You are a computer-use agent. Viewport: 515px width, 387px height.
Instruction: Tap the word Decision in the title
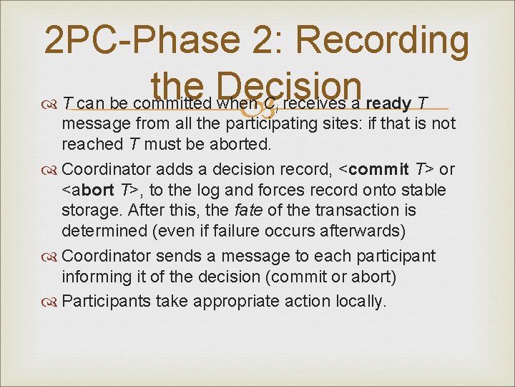click(285, 88)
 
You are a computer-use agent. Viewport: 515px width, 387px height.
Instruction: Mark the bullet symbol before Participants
click(52, 301)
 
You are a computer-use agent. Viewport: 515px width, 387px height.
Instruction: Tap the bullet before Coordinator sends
click(52, 257)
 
